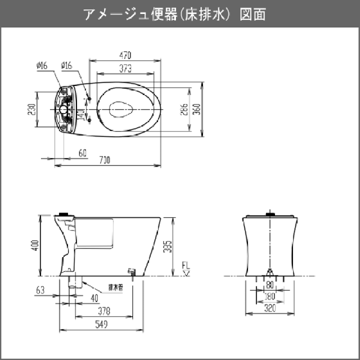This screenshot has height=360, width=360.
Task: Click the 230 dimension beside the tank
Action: (x=32, y=108)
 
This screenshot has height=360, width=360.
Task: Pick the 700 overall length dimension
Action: (x=104, y=160)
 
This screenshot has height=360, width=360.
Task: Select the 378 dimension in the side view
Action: (x=104, y=311)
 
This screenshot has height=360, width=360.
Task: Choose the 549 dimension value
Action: (x=101, y=324)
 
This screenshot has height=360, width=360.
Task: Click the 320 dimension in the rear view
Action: (x=270, y=308)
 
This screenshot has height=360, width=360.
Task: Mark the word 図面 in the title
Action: (x=253, y=14)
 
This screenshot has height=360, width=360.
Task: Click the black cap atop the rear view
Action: (x=270, y=214)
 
